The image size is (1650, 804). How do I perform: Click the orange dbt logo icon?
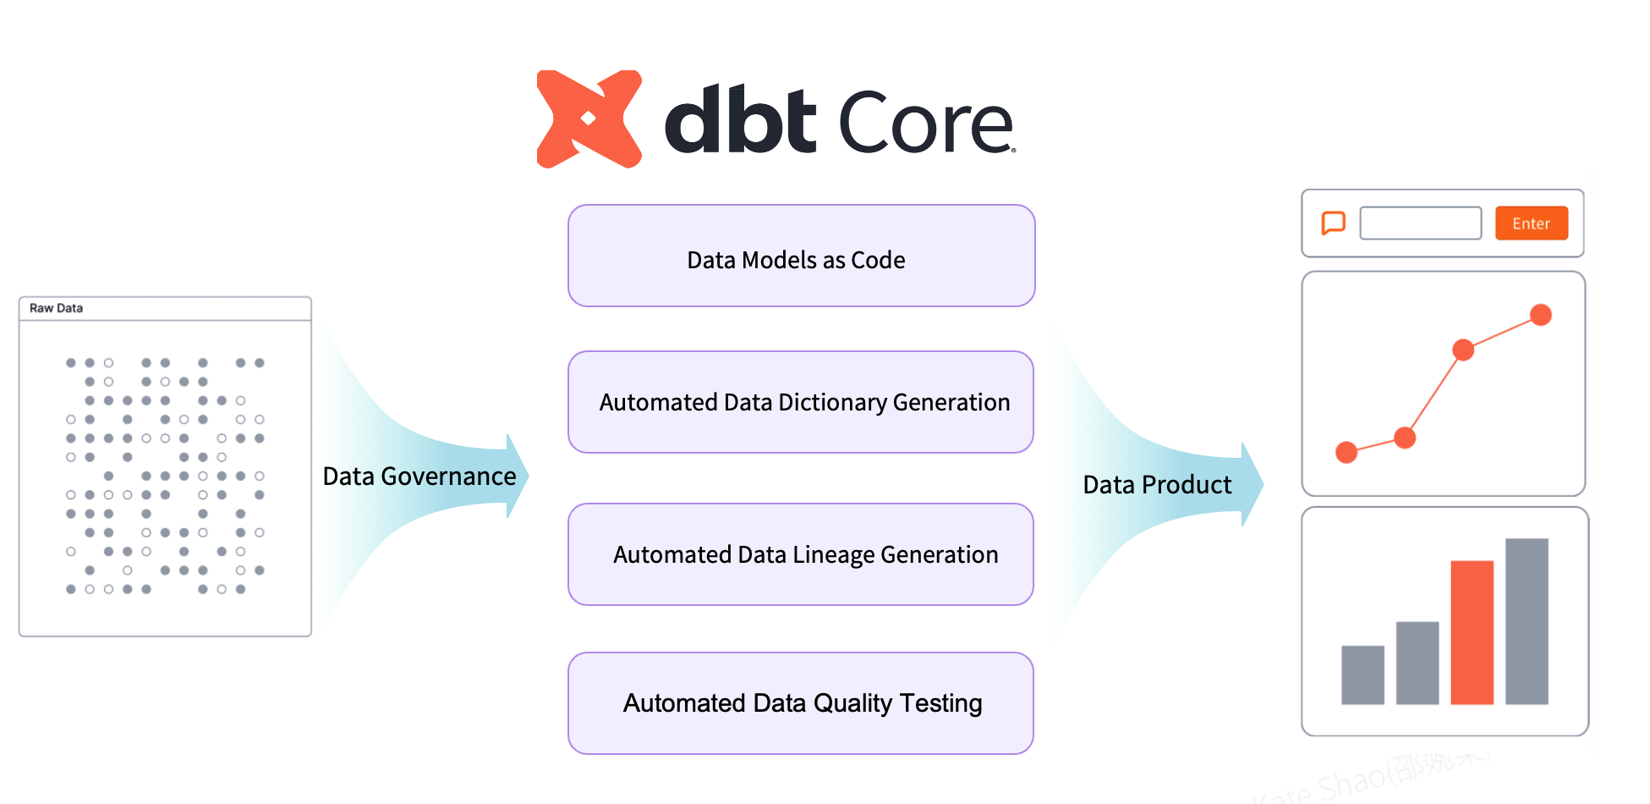pos(589,119)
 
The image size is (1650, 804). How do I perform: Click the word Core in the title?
pos(925,124)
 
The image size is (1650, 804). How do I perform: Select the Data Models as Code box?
pos(801,256)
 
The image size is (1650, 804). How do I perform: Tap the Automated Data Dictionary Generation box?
pos(801,402)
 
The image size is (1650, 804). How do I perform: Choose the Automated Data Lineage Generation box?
pos(801,554)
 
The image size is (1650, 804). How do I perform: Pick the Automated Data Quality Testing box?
pos(801,702)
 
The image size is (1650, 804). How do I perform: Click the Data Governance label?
pos(419,476)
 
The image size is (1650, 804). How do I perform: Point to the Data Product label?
pos(1156,485)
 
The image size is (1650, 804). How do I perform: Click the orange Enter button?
pos(1531,223)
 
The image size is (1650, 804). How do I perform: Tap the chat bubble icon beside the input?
pos(1333,223)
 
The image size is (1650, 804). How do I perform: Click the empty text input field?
pos(1420,223)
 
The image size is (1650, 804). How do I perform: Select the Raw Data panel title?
pos(57,308)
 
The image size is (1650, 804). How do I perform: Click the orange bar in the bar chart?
pos(1472,631)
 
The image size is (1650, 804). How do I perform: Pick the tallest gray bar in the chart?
pos(1527,620)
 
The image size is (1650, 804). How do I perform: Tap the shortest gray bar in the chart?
pos(1362,675)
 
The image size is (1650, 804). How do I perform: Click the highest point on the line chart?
pos(1541,315)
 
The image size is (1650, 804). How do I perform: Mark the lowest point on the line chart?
pos(1346,453)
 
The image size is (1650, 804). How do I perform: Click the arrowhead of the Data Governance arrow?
pos(518,476)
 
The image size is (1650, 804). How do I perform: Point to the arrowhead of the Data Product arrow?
pos(1253,484)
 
